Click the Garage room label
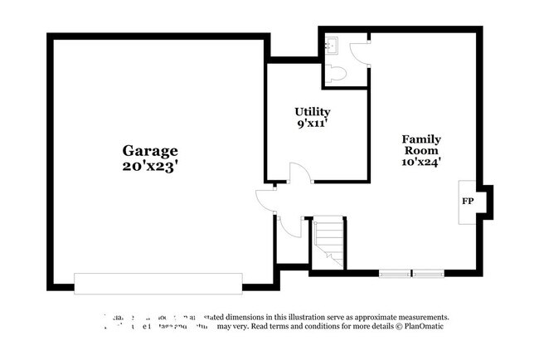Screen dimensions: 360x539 pos(150,151)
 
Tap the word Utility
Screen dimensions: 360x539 pos(313,111)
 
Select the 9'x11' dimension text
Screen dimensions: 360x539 pos(313,124)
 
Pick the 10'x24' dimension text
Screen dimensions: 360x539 pos(421,163)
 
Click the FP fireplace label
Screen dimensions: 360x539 pos(467,202)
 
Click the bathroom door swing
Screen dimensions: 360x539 pos(359,52)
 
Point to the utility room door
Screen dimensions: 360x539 pos(298,173)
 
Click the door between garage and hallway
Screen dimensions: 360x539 pos(265,200)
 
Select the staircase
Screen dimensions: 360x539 pos(328,242)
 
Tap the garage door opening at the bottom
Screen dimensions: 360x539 pos(158,283)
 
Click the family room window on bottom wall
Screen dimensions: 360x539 pos(412,273)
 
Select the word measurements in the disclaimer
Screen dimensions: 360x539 pos(418,317)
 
